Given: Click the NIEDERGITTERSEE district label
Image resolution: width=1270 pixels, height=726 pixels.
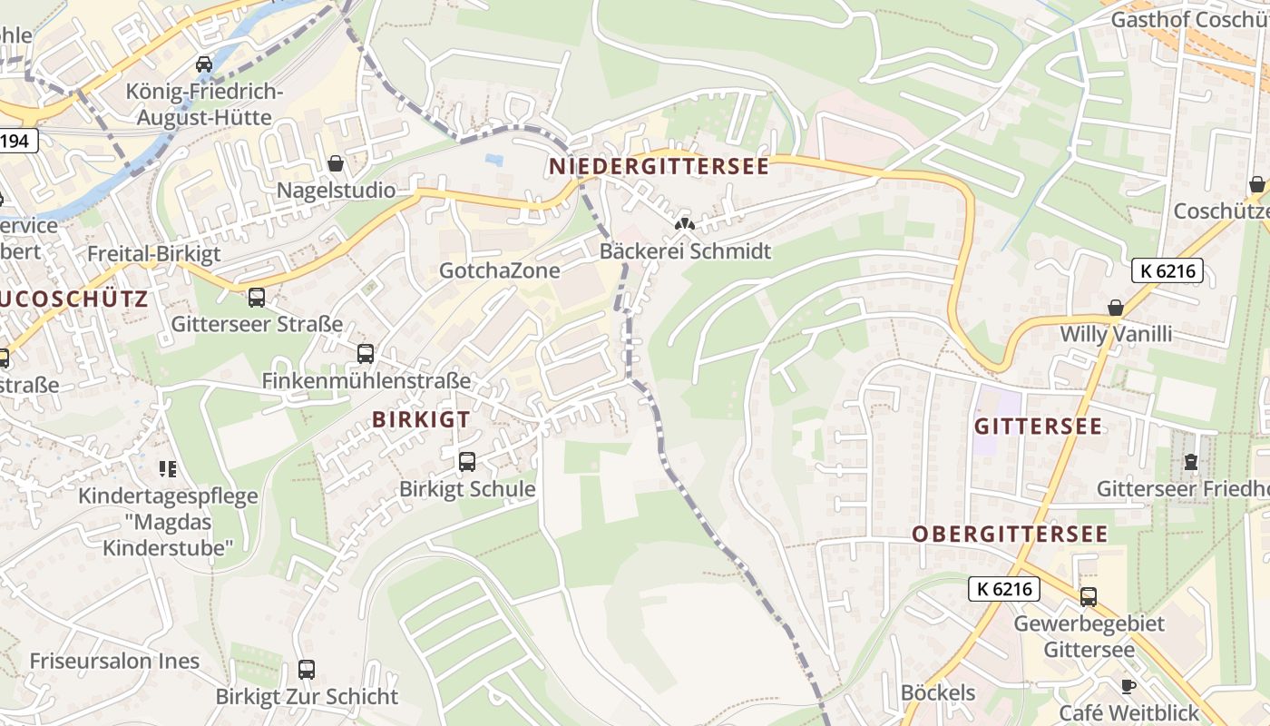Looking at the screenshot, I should pyautogui.click(x=658, y=166).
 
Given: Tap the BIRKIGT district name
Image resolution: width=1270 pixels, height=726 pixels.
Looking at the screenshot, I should pyautogui.click(x=421, y=419).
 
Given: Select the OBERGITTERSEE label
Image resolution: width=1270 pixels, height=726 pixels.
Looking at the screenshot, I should pyautogui.click(x=1010, y=534).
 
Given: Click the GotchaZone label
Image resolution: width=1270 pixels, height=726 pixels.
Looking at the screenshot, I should pyautogui.click(x=499, y=270).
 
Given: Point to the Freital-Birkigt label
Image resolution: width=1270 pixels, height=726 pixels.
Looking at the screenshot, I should pyautogui.click(x=153, y=254).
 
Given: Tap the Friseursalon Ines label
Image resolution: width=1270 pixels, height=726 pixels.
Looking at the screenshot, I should pyautogui.click(x=114, y=661).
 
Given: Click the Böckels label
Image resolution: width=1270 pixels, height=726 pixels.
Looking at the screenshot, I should pyautogui.click(x=938, y=693).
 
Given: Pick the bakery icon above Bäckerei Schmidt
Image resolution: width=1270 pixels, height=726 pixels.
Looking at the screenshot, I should pyautogui.click(x=685, y=224).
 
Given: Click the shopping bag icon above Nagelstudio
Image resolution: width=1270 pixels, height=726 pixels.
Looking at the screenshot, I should pyautogui.click(x=336, y=164).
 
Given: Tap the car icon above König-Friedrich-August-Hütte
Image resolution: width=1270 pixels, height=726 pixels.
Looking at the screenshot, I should pyautogui.click(x=204, y=64).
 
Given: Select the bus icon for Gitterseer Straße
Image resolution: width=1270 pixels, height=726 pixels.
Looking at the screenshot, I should pyautogui.click(x=257, y=298).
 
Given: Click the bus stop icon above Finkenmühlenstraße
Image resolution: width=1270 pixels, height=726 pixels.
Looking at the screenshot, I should pyautogui.click(x=366, y=354).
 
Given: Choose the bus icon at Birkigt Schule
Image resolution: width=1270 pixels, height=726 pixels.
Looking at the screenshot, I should pyautogui.click(x=467, y=462).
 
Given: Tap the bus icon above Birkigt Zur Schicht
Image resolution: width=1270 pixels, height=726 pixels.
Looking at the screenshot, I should pyautogui.click(x=307, y=670).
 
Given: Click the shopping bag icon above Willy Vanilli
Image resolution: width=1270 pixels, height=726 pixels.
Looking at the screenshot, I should pyautogui.click(x=1116, y=308).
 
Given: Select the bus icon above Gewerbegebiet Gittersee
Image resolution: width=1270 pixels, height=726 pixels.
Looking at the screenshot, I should pyautogui.click(x=1088, y=597).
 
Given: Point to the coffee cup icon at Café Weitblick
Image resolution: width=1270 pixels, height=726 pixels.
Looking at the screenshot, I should pyautogui.click(x=1128, y=686).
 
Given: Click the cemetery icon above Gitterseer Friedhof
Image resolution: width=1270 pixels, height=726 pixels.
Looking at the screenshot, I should pyautogui.click(x=1190, y=462).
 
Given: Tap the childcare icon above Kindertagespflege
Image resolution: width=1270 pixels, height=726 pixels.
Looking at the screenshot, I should pyautogui.click(x=168, y=469).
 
